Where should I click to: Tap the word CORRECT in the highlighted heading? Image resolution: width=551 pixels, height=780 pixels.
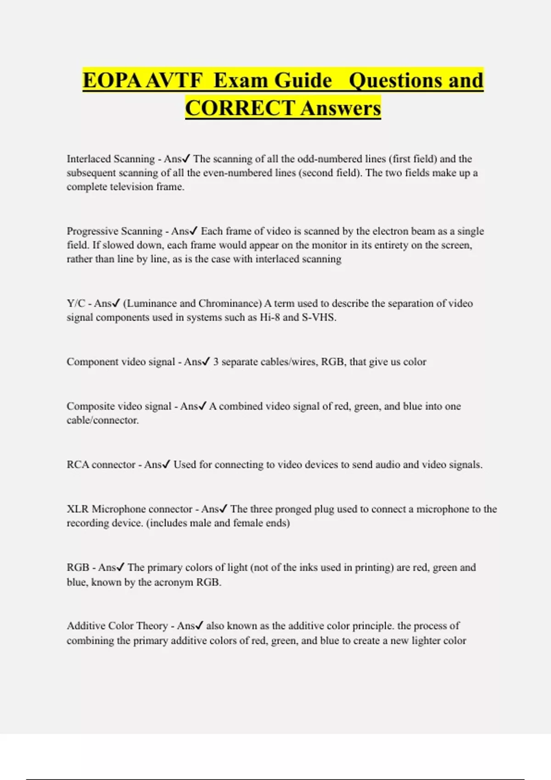click(x=240, y=108)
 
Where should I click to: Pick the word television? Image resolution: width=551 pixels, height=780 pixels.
click(x=131, y=187)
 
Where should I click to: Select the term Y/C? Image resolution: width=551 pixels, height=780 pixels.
click(x=76, y=303)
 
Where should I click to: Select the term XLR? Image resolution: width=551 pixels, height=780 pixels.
click(x=77, y=509)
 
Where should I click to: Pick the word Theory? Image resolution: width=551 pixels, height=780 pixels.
click(x=152, y=626)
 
